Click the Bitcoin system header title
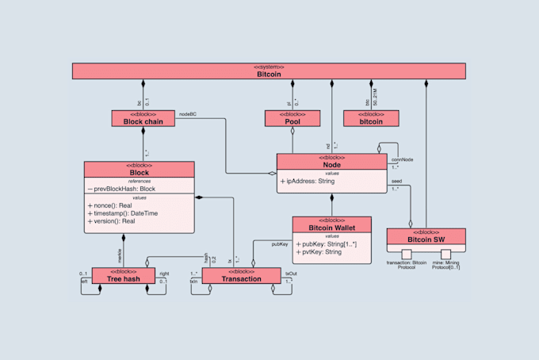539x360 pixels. (269, 75)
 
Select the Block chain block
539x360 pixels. (143, 121)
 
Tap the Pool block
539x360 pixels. (292, 121)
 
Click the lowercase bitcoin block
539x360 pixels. (371, 121)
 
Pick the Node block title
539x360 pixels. (332, 164)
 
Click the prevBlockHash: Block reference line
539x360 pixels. (121, 189)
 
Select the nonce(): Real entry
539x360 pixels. (112, 205)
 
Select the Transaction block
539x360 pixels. (242, 278)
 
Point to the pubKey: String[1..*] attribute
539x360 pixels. (327, 244)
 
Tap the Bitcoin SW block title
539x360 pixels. (426, 239)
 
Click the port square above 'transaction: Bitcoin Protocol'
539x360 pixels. (407, 254)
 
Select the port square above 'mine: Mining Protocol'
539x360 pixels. (445, 254)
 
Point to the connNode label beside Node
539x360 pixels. (402, 159)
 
